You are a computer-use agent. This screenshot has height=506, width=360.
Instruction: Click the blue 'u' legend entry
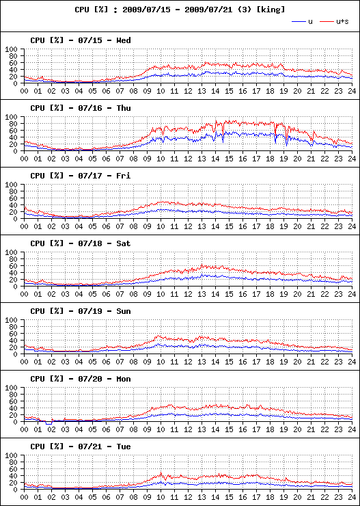(x=302, y=22)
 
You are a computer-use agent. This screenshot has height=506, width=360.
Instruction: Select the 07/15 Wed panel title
(x=81, y=40)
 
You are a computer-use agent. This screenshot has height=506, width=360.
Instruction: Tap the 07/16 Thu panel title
(x=81, y=108)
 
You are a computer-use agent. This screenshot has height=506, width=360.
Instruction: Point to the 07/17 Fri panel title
(x=81, y=176)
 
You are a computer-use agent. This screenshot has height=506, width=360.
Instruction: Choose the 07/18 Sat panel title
(x=81, y=243)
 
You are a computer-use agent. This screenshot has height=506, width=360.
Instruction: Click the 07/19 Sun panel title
(x=81, y=311)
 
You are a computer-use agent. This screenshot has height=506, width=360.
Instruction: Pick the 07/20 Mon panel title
(x=81, y=379)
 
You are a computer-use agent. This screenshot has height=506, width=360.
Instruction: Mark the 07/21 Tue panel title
(x=81, y=447)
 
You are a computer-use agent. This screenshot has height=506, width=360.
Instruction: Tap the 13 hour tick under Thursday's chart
(x=202, y=159)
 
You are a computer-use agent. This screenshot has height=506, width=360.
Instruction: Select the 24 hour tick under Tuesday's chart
(x=352, y=497)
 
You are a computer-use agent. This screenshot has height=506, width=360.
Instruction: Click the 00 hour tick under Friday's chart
(x=24, y=226)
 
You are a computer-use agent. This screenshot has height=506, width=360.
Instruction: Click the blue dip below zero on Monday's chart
(x=49, y=423)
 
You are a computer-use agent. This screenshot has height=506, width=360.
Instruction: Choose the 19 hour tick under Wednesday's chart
(x=283, y=91)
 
